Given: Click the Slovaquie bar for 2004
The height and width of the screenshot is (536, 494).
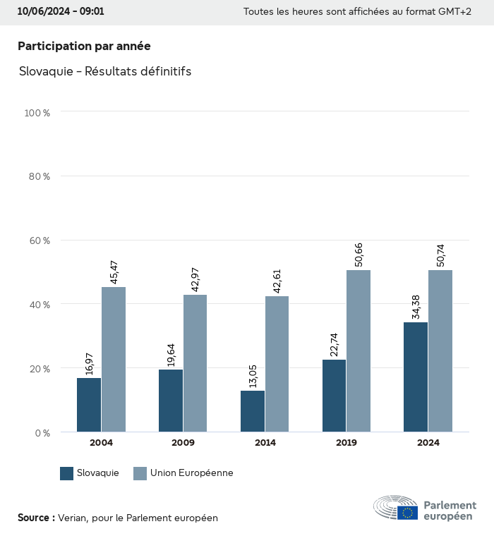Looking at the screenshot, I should (x=89, y=405).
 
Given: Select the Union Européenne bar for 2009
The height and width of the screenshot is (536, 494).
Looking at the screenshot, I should (x=195, y=363).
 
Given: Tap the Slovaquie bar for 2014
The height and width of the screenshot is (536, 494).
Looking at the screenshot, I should (x=253, y=411).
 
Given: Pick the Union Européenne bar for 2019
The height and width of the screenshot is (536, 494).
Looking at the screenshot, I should (x=359, y=351).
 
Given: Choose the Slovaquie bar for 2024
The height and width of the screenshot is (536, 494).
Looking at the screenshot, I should (x=416, y=377).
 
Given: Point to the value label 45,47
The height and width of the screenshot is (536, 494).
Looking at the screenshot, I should (x=114, y=272).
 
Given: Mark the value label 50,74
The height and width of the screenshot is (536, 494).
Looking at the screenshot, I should (x=441, y=255).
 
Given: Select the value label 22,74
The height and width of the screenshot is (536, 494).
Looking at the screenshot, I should (x=335, y=345).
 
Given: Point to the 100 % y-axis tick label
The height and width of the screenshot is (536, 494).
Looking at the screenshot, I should (x=37, y=112).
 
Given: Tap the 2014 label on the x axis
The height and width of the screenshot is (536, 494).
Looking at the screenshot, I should (x=265, y=443).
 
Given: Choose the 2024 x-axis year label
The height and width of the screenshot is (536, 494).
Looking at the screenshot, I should (x=428, y=443).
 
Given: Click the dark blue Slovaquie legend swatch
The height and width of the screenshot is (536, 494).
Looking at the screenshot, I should (x=67, y=473).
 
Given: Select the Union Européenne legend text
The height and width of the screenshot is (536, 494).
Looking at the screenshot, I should (x=191, y=473).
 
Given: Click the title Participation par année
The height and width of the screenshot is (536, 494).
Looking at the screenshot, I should (x=84, y=46).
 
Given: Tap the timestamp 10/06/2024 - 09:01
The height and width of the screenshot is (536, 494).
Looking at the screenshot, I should (x=61, y=11).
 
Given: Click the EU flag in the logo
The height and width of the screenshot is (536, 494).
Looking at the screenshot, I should (x=407, y=513).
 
